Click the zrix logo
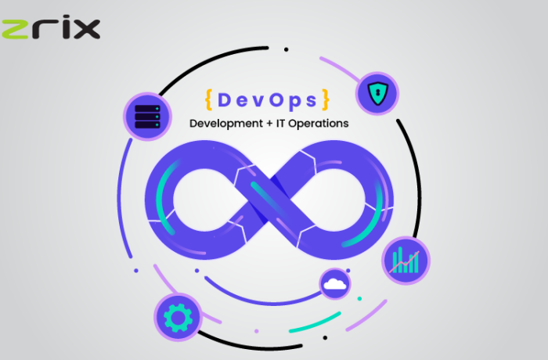(51, 27)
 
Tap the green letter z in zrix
(15, 30)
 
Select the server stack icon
(147, 117)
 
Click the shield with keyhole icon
(377, 93)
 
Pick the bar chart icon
(406, 261)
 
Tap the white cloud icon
(335, 284)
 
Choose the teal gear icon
(178, 318)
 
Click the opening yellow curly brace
(209, 100)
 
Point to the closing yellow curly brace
(326, 100)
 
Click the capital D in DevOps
(225, 100)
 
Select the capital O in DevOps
(276, 100)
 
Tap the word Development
(226, 124)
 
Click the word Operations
(319, 124)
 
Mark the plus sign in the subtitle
(269, 124)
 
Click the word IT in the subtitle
(280, 123)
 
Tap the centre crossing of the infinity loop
(269, 200)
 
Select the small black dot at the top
(287, 49)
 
